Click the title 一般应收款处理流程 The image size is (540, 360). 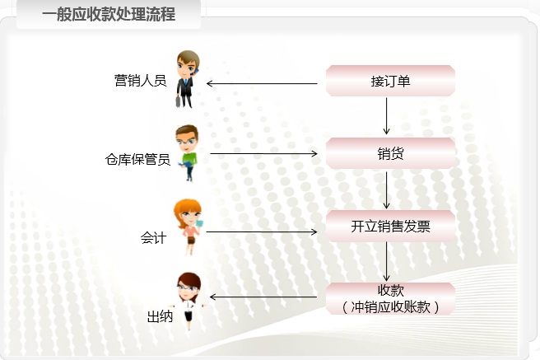pos(109,14)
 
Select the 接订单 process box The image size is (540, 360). pos(390,82)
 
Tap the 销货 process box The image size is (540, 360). pos(390,153)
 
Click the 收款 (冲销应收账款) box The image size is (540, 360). pos(390,298)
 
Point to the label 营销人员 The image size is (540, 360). pos(140,81)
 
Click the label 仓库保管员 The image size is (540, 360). pos(137,160)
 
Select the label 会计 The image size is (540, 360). pos(154,238)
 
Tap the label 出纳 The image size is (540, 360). pos(160,316)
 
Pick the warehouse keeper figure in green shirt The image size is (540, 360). pos(187,153)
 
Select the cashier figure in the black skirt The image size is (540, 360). pos(188,302)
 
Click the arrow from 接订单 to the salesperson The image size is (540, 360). pos(262,83)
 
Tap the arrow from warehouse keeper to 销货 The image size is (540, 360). pos(263,153)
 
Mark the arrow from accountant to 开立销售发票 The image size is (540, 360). pos(262,231)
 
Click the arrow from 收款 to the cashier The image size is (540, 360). pos(263,297)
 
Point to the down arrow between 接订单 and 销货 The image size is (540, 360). pos(386,116)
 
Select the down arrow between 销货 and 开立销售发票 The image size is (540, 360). pos(386,189)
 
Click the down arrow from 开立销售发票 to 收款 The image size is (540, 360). pos(386,262)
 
